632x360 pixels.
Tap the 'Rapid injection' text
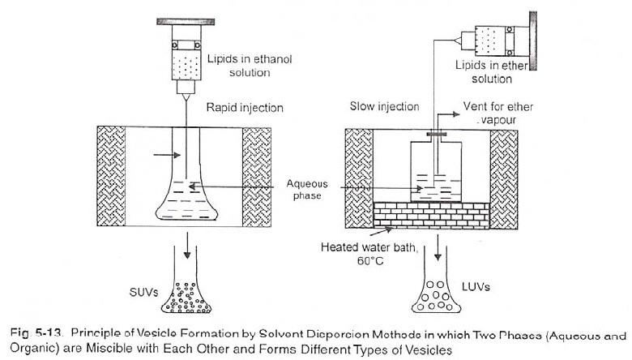click(245, 106)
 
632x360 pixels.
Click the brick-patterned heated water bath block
click(432, 215)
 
